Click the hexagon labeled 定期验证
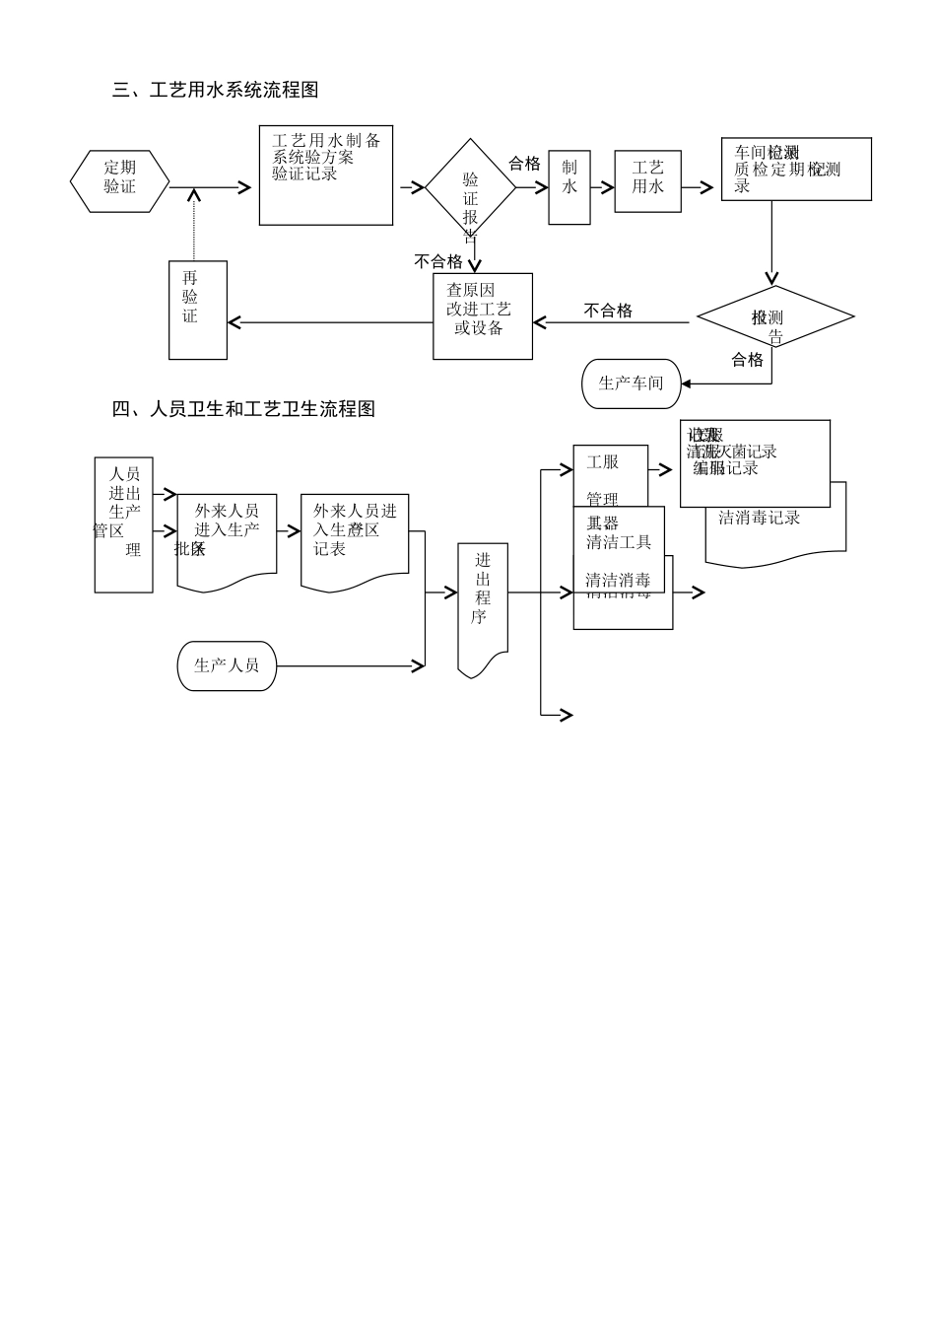[x=119, y=180]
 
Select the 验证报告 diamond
[x=470, y=186]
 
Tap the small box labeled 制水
[x=569, y=187]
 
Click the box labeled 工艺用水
[x=647, y=181]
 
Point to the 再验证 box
[x=197, y=310]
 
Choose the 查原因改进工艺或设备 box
[x=483, y=315]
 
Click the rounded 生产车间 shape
[x=632, y=384]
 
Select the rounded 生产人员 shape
[x=227, y=665]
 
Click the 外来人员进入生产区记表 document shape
[x=355, y=541]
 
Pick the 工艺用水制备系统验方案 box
[x=326, y=174]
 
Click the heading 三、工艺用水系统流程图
[x=215, y=90]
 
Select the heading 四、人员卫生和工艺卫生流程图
[x=243, y=408]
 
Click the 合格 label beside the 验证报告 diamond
[x=524, y=164]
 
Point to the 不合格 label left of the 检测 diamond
[x=608, y=311]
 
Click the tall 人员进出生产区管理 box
[x=123, y=524]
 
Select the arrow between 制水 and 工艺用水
[x=602, y=186]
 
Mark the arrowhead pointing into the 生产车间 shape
[x=686, y=384]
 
